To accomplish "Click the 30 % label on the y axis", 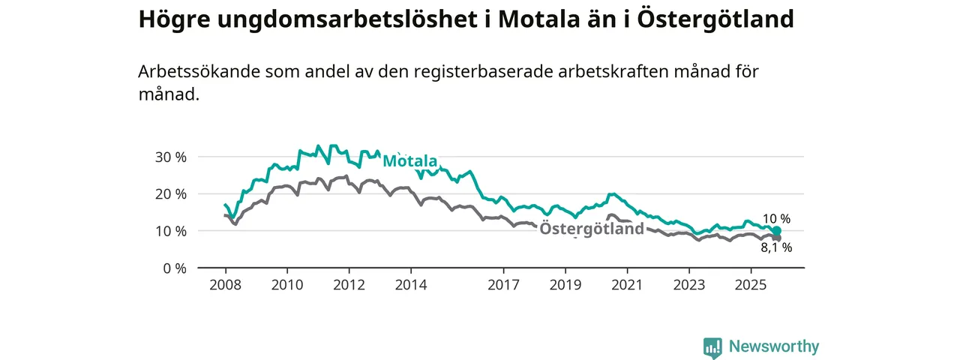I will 170,157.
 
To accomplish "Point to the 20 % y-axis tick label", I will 170,193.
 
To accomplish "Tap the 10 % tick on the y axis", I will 170,231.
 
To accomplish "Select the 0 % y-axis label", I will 174,268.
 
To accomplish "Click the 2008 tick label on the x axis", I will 225,285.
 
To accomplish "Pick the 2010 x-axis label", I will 287,285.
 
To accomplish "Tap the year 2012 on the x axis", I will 349,285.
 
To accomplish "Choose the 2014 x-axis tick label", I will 411,285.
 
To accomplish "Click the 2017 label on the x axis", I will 503,285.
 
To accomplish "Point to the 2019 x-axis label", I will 565,285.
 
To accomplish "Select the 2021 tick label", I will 627,285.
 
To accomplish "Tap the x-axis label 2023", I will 689,285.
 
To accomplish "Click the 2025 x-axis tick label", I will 751,285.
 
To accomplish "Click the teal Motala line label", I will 409,161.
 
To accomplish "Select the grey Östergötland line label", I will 592,229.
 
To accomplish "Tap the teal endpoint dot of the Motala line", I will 777,231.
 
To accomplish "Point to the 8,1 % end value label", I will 776,247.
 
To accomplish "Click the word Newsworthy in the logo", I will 774,346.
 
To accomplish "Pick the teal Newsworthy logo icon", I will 712,346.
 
